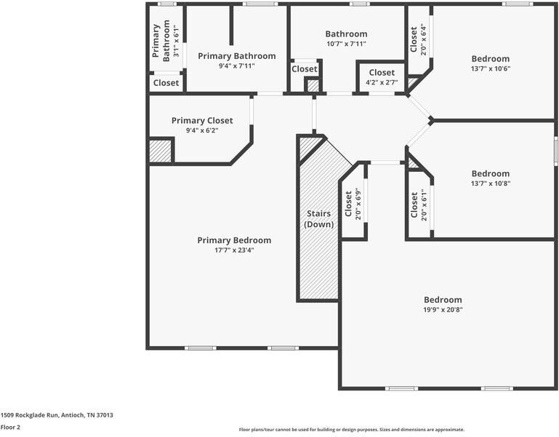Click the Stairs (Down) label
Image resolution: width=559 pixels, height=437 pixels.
coord(318,219)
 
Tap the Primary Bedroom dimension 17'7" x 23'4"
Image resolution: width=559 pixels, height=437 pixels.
coord(234,250)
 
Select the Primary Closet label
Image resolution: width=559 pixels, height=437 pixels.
coord(202,120)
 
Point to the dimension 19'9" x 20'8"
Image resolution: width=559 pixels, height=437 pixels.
coord(443,310)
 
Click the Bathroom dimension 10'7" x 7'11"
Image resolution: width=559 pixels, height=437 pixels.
coord(346,44)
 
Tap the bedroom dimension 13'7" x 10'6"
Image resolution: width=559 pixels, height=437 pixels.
coord(491,68)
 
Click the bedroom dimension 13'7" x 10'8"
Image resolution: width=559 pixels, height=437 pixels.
coord(491,184)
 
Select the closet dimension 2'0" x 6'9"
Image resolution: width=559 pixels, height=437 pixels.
coord(358,204)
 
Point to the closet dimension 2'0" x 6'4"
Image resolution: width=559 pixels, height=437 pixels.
coord(424,39)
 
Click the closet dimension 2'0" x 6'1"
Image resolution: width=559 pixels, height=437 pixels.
coord(424,205)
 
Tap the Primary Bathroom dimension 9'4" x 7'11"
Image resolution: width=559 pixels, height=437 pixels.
coord(237,66)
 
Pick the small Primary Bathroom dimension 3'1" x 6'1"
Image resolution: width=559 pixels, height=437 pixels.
coord(176,41)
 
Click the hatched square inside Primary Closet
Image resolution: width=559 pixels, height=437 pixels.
coord(160,151)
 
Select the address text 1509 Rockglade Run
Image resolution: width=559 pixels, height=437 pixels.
coord(29,415)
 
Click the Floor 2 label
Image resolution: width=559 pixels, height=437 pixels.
coord(10,427)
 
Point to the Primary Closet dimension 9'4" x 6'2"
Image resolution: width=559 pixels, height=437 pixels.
coord(202,130)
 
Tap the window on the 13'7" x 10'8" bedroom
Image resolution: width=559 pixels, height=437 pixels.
coord(555,151)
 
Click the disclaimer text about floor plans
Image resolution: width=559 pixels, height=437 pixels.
coord(352,430)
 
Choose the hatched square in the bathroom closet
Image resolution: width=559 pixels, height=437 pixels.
coord(313,86)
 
